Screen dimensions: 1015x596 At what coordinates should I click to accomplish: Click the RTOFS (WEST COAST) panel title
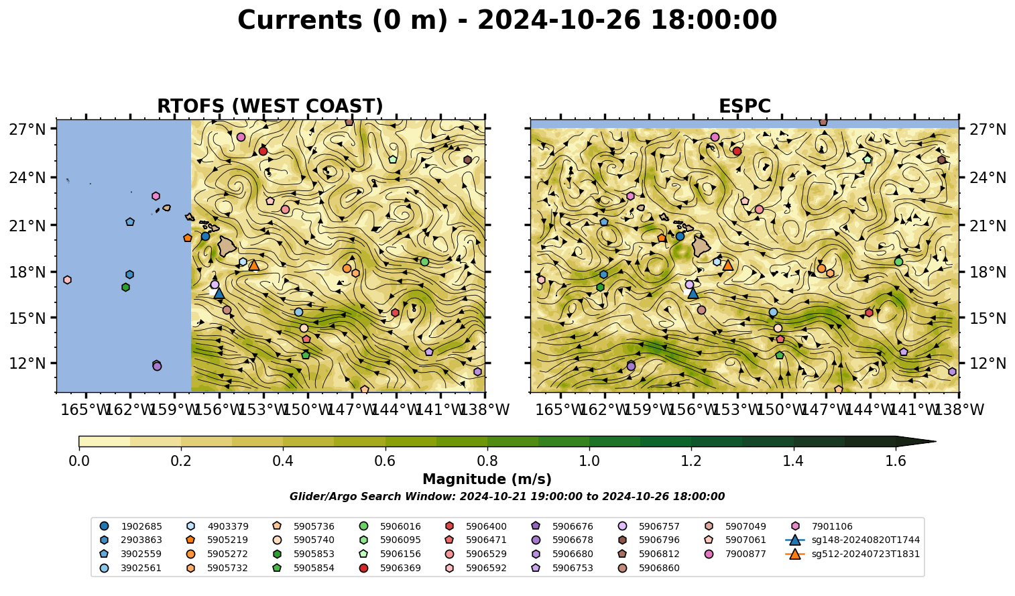coord(270,106)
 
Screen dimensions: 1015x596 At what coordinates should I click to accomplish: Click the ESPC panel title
coord(744,106)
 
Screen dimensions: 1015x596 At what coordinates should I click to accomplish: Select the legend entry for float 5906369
coord(392,568)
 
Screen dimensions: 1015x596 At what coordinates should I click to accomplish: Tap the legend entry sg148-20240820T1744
coord(853,540)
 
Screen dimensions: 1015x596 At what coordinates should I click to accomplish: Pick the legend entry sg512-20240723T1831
coord(853,554)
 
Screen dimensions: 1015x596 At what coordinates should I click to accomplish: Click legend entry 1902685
coord(131,526)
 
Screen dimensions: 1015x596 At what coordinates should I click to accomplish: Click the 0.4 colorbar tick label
coord(283,461)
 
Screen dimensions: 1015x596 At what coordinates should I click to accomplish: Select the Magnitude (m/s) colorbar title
coord(487,479)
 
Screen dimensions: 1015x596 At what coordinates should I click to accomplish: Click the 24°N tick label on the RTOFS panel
coord(27,178)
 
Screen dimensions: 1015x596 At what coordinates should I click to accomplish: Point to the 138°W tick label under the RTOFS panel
coord(485,410)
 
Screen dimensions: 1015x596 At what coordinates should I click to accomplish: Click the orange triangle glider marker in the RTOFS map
coord(253,265)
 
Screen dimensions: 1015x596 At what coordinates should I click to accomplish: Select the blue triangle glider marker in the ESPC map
coord(693,293)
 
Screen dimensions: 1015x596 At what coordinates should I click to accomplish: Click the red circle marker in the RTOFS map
coord(263,151)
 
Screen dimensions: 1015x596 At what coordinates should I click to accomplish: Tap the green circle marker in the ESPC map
coord(898,261)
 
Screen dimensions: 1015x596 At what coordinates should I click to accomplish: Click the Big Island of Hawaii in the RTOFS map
coord(227,245)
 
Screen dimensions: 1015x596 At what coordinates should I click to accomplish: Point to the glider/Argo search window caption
coord(507,496)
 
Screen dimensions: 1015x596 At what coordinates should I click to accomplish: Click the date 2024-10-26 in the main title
coord(559,20)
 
